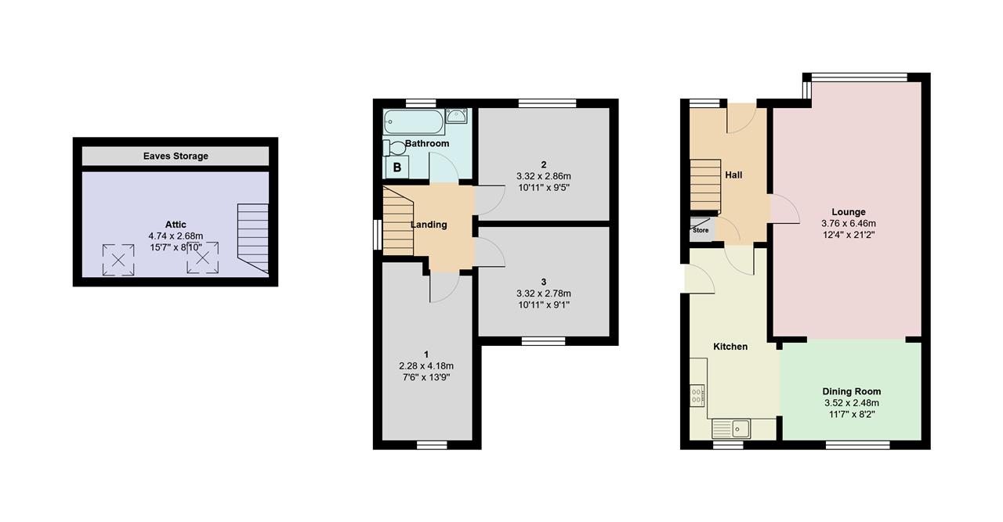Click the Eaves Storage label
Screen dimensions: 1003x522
(x=176, y=156)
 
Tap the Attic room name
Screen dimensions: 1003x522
(x=176, y=225)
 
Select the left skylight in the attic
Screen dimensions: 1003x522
(x=118, y=259)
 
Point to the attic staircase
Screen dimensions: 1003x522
(x=253, y=238)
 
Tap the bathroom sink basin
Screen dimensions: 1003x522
(x=456, y=115)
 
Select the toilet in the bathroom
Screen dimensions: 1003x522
(x=394, y=148)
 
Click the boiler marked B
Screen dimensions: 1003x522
(x=397, y=167)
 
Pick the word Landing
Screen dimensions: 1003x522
(x=429, y=225)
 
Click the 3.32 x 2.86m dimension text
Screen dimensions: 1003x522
(x=544, y=176)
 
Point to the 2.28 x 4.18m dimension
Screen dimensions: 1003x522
(x=426, y=366)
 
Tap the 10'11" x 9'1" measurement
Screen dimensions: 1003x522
(x=544, y=305)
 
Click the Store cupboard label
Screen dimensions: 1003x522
(x=701, y=230)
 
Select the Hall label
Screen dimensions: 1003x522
(x=733, y=175)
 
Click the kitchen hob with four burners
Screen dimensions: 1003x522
(x=697, y=396)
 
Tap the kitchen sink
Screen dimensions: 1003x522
(x=731, y=429)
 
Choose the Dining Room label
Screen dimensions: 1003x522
(x=852, y=391)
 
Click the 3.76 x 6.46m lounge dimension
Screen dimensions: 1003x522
(x=849, y=224)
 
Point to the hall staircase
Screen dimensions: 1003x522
(x=705, y=185)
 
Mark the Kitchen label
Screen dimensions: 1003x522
(x=730, y=347)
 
